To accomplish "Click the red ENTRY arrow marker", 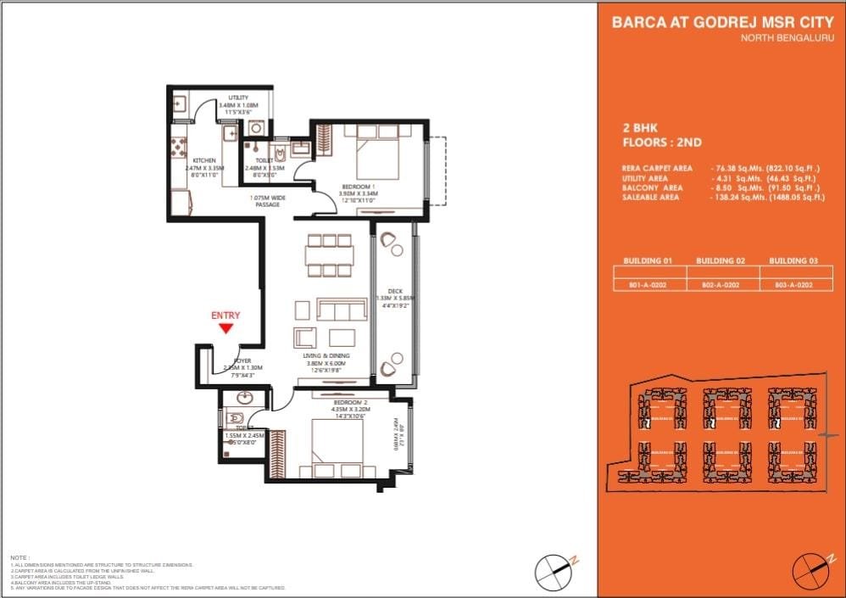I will (x=225, y=329).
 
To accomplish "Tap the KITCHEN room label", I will (x=203, y=160).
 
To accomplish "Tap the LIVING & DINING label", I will (x=326, y=355).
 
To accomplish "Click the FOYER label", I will (x=242, y=360).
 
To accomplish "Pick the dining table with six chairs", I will (x=329, y=254).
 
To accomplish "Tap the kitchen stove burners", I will (x=179, y=148).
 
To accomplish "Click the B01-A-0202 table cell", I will (x=648, y=285).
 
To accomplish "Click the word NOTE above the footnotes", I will (x=19, y=557).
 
